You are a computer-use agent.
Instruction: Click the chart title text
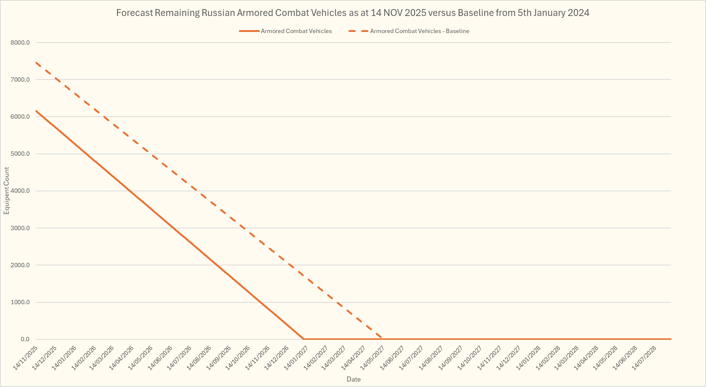[x=352, y=13]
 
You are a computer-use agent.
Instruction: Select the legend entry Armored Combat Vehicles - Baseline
[x=419, y=31]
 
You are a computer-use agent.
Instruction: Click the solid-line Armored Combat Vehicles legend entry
[x=296, y=31]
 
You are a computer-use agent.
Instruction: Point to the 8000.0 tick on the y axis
[x=20, y=42]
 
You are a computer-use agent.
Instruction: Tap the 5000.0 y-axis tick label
[x=20, y=154]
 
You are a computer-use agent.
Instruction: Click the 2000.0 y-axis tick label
[x=20, y=265]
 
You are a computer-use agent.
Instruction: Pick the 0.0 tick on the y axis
[x=25, y=339]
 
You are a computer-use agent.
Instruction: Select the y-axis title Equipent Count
[x=7, y=191]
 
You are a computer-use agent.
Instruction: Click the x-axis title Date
[x=354, y=379]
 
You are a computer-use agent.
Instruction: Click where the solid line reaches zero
[x=303, y=339]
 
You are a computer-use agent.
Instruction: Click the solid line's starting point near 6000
[x=36, y=111]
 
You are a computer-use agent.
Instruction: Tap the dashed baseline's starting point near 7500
[x=36, y=62]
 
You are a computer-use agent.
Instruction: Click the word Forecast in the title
[x=134, y=13]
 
